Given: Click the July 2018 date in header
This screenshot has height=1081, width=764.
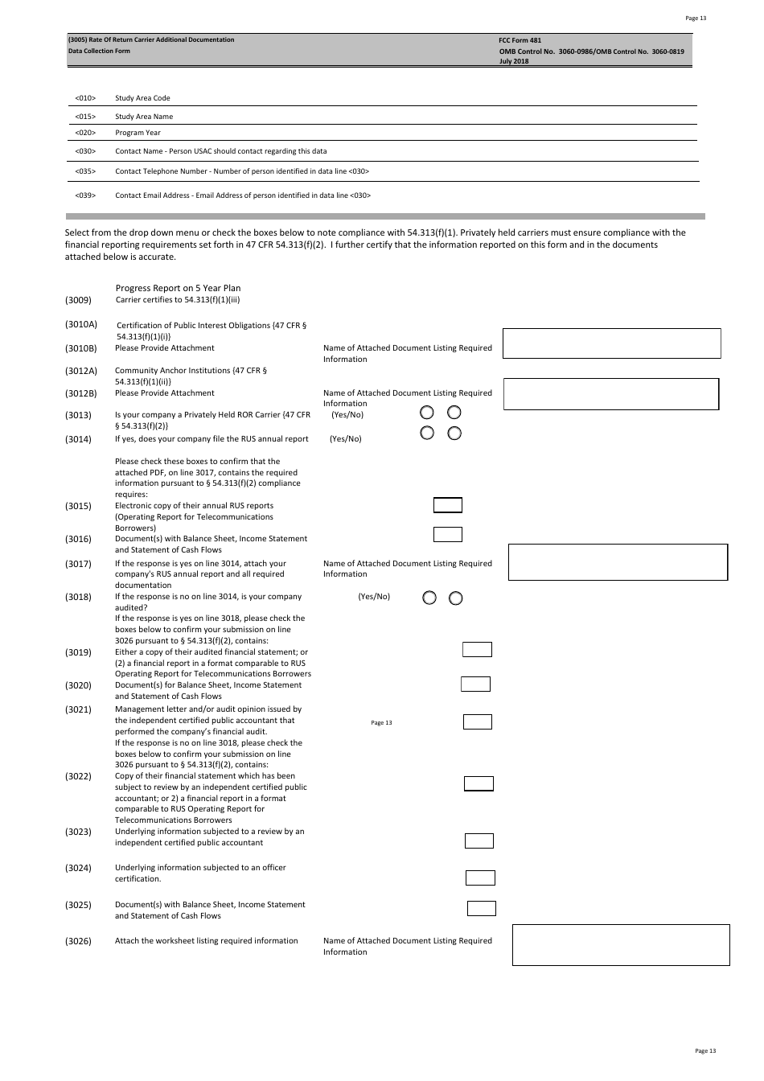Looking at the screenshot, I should click(x=514, y=61).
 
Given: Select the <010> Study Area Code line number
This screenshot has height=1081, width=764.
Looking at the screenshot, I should click(x=85, y=98).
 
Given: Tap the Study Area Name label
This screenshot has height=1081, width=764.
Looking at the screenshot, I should click(x=144, y=117).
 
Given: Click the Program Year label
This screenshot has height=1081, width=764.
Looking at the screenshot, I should click(x=138, y=133).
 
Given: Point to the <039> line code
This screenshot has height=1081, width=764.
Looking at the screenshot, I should click(x=85, y=195).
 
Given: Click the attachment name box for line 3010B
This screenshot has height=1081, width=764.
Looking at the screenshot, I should click(x=611, y=343).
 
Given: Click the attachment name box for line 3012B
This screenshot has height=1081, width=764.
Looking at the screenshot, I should click(x=610, y=394).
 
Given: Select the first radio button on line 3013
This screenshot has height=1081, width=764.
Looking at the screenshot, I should click(x=428, y=413).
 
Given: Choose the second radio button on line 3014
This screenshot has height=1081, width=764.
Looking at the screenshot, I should click(x=454, y=434).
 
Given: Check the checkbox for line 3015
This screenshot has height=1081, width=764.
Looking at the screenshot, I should click(x=448, y=505).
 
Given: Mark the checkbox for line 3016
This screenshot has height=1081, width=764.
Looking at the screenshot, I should click(x=448, y=534).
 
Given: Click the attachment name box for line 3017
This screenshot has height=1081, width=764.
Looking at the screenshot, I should click(x=618, y=562).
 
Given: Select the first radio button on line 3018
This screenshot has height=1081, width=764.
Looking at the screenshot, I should click(x=429, y=598).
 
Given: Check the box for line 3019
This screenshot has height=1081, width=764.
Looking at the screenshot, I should click(x=477, y=649).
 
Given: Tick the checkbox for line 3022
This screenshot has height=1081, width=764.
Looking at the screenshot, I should click(x=479, y=783).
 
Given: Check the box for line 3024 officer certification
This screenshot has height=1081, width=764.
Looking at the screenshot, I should click(x=480, y=878).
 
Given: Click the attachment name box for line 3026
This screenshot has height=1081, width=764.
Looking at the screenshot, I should click(x=621, y=944).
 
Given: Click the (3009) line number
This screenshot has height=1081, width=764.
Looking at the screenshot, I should click(x=78, y=300).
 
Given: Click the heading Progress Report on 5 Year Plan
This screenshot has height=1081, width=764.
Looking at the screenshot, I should click(x=178, y=288).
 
